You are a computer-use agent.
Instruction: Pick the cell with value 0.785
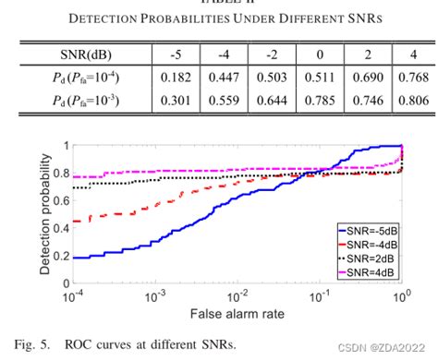(x=319, y=101)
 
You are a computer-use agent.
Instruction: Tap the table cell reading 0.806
(x=412, y=101)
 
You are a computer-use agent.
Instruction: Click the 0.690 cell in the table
(x=366, y=77)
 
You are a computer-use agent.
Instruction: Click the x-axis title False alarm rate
(x=234, y=315)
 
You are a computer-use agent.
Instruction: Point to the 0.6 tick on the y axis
(x=57, y=199)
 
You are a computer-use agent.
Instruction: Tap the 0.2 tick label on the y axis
(x=57, y=256)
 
